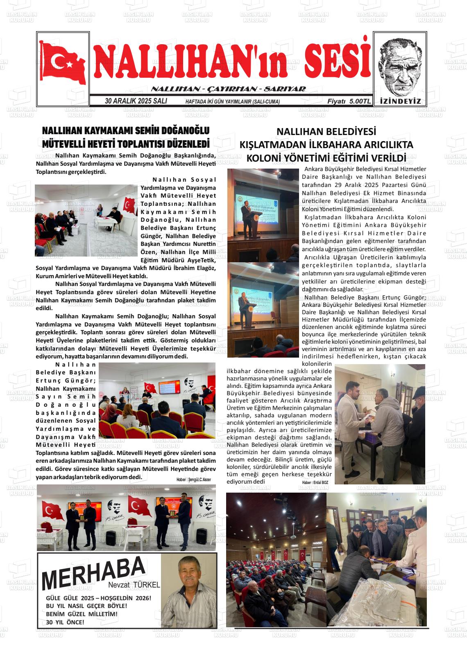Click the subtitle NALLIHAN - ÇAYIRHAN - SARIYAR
coord(228,89)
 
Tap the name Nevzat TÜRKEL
coord(134,585)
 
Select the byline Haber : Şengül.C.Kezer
coord(193,479)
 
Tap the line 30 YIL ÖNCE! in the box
coord(65,622)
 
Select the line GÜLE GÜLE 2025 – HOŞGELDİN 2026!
coord(99,598)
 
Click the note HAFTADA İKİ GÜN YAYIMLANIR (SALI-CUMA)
coord(232,101)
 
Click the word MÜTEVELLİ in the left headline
coord(66,144)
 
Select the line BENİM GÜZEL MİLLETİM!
coord(82,614)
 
